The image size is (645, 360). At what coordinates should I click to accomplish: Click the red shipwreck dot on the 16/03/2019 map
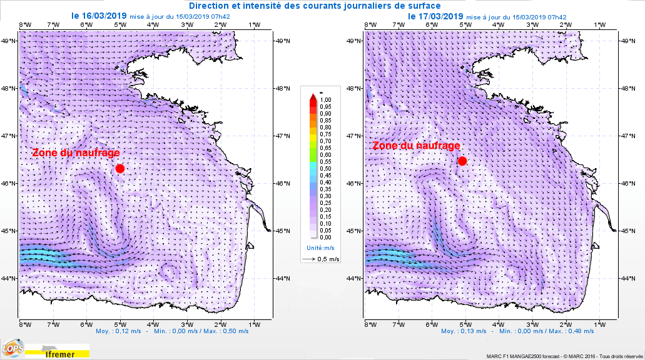pyautogui.click(x=119, y=168)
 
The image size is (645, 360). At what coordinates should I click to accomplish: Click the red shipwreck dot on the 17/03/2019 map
pyautogui.click(x=462, y=161)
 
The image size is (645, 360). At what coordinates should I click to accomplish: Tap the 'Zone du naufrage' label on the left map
pyautogui.click(x=76, y=152)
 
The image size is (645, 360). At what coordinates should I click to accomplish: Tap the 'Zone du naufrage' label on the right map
pyautogui.click(x=417, y=146)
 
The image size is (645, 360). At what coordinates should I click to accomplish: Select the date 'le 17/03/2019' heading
pyautogui.click(x=435, y=16)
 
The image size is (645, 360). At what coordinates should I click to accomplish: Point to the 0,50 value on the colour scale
pyautogui.click(x=325, y=168)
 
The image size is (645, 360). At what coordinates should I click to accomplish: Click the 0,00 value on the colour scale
pyautogui.click(x=325, y=237)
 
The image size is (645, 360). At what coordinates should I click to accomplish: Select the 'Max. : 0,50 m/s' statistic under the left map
pyautogui.click(x=225, y=331)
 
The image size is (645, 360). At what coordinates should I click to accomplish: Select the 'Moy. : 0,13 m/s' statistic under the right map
pyautogui.click(x=464, y=331)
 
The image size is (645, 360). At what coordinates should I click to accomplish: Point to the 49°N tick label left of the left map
pyautogui.click(x=9, y=41)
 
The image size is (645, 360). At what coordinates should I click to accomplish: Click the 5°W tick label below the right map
pyautogui.click(x=465, y=324)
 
